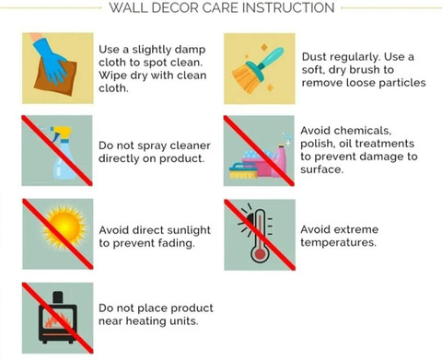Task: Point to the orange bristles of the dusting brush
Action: [245, 79]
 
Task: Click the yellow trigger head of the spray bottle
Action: [62, 133]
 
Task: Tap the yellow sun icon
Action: [64, 227]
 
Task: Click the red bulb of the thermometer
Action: [260, 254]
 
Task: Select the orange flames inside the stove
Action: [58, 320]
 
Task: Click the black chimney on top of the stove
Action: [58, 297]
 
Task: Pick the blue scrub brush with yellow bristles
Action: [243, 171]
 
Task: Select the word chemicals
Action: [363, 131]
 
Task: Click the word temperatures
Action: [338, 243]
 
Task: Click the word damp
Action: [192, 50]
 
